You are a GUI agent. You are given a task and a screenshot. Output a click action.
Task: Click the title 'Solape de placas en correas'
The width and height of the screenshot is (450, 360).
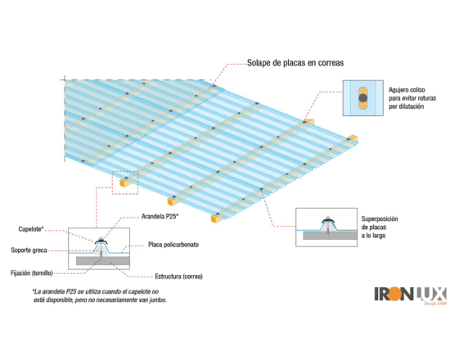(295, 63)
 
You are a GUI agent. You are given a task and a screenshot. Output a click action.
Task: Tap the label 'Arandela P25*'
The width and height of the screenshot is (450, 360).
(160, 217)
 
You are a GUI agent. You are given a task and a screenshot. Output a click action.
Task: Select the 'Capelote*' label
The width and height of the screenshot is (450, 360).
(31, 229)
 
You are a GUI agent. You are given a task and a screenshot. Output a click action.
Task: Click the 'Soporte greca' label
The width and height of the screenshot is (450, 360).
(29, 250)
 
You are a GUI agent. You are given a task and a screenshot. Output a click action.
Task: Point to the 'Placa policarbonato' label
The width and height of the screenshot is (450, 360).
(173, 245)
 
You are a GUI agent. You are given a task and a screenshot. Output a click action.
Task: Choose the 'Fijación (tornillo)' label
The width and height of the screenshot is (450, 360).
(32, 273)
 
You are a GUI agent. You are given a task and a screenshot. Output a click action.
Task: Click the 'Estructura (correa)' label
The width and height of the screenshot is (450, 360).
(179, 277)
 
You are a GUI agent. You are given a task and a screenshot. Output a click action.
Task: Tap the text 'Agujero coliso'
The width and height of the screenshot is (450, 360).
(407, 90)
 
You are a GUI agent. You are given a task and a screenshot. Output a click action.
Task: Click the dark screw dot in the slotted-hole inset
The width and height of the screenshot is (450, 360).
(363, 98)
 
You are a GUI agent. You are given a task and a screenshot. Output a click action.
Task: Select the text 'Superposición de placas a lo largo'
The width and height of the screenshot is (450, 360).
(380, 227)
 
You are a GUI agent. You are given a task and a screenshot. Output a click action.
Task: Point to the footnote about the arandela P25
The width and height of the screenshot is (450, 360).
(100, 295)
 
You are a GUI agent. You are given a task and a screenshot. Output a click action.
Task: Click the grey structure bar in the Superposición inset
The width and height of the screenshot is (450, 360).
(330, 236)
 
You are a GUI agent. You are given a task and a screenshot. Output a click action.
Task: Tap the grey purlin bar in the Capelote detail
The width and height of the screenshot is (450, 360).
(103, 261)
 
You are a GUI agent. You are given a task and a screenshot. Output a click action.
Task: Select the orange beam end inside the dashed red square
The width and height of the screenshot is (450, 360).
(124, 182)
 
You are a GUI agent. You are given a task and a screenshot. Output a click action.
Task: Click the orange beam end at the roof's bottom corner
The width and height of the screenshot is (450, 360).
(216, 218)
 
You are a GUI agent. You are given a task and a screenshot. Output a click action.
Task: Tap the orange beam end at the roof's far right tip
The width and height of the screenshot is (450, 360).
(353, 138)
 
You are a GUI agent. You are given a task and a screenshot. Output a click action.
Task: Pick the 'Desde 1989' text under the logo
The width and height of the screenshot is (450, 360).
(435, 303)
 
